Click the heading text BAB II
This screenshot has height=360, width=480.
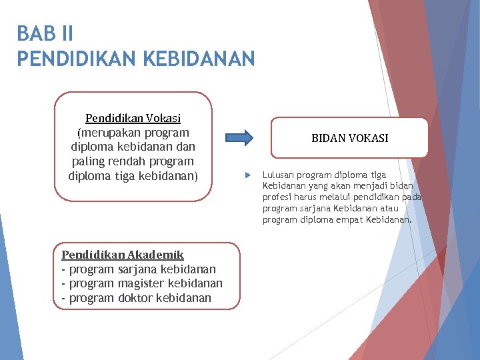click(x=45, y=33)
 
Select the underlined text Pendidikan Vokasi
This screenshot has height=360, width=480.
click(x=133, y=119)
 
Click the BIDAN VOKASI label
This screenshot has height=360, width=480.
click(x=349, y=138)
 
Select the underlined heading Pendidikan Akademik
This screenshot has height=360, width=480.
click(x=123, y=255)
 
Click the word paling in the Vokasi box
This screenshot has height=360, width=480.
click(x=89, y=162)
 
